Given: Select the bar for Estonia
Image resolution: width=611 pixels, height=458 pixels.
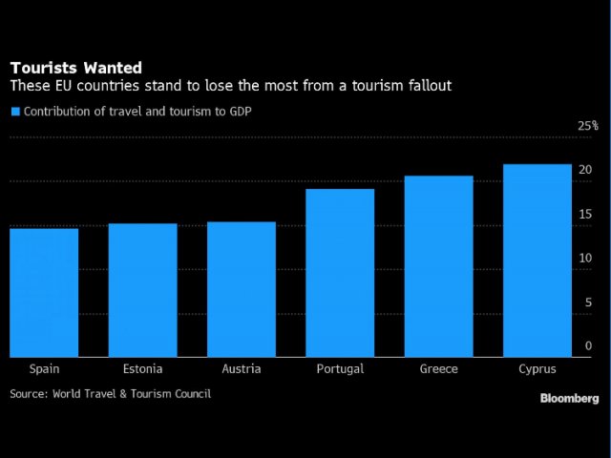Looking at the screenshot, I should (x=142, y=290).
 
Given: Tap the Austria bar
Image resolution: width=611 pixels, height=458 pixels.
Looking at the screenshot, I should (x=241, y=289).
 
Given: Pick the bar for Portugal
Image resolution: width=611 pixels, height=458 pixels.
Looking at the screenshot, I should (x=340, y=273).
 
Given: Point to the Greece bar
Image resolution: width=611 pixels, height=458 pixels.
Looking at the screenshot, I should (x=438, y=266).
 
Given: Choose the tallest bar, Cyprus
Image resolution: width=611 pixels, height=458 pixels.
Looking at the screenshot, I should (x=537, y=260).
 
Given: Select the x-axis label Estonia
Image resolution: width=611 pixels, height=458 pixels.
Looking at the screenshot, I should (x=142, y=369).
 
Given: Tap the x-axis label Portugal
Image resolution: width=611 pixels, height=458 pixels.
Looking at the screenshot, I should (x=340, y=369).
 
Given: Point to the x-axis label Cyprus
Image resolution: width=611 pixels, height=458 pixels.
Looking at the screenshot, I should (x=537, y=369).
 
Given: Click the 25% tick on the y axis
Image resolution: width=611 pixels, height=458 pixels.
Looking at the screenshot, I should (x=588, y=126).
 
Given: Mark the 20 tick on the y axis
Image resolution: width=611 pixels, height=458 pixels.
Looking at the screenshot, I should (x=585, y=170).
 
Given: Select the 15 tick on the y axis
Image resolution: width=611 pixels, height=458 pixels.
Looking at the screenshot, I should (x=585, y=215).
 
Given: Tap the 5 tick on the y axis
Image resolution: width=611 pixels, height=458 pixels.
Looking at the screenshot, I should (x=589, y=302).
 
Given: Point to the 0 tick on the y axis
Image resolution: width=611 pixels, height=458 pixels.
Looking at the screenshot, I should (x=589, y=346).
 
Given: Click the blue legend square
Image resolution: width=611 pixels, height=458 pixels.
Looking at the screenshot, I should (x=14, y=112).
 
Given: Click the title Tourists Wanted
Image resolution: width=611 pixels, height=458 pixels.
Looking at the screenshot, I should (x=75, y=68).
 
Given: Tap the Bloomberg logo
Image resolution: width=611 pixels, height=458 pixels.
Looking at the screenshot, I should (x=569, y=398).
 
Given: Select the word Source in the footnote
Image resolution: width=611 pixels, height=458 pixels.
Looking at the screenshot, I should (x=29, y=393).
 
